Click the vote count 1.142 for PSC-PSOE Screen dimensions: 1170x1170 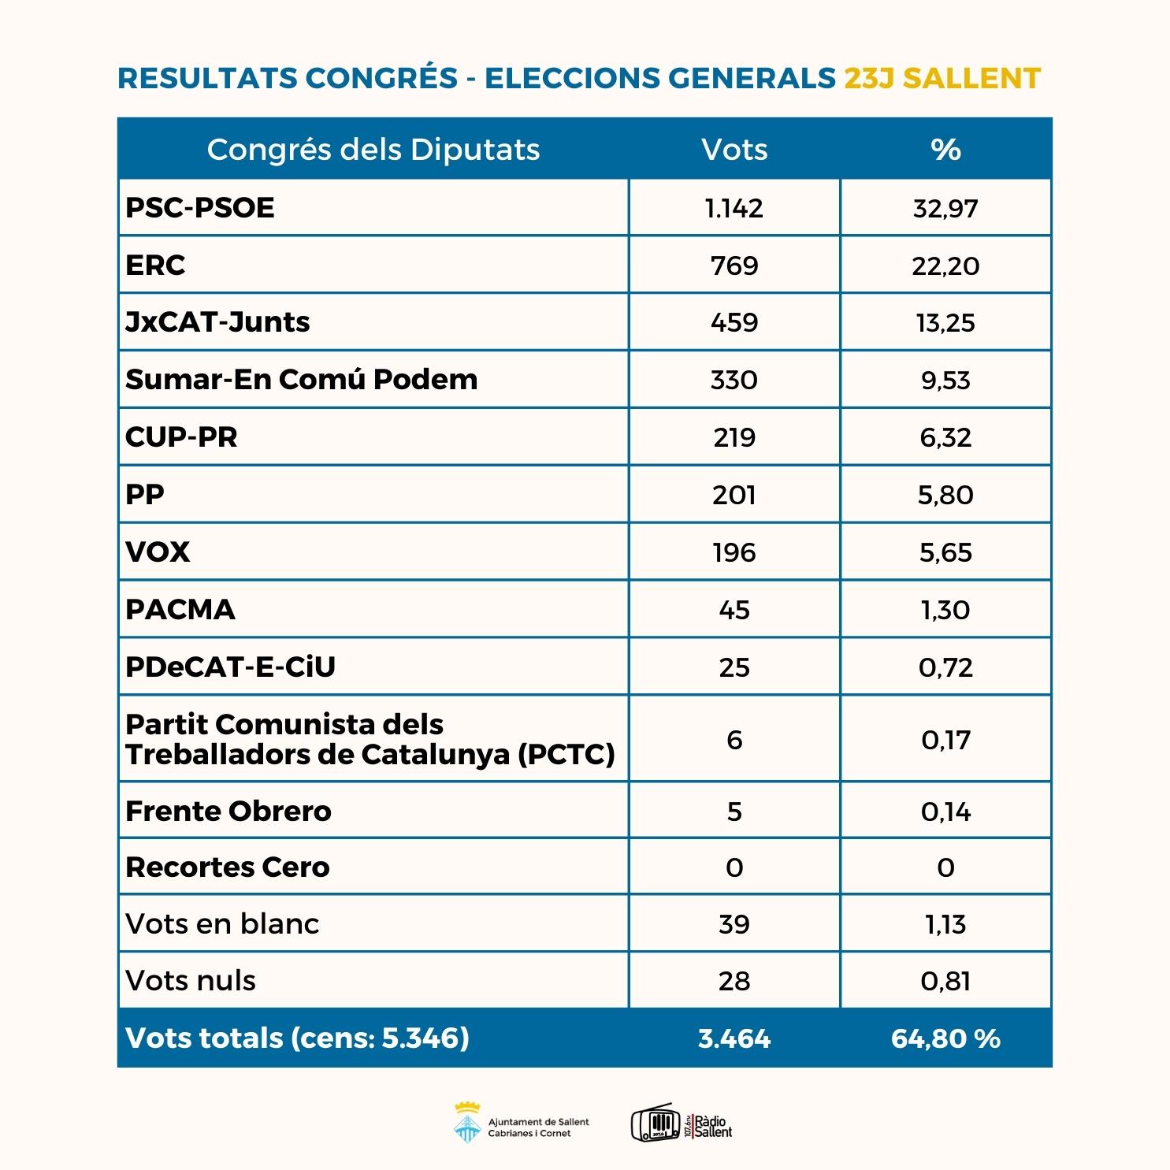click(734, 208)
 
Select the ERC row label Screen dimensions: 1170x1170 click(155, 266)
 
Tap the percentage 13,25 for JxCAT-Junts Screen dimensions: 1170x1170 click(945, 323)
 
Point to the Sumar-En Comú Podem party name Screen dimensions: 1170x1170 click(302, 380)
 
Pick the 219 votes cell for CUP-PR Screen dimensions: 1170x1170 click(734, 437)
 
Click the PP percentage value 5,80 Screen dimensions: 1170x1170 click(945, 495)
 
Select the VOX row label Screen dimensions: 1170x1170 click(158, 552)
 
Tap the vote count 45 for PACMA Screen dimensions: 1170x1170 click(734, 610)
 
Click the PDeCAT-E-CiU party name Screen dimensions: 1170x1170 click(230, 667)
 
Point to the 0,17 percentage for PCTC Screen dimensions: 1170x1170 click(945, 740)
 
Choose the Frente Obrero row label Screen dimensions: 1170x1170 click(228, 811)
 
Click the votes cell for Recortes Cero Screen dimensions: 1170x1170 click(734, 867)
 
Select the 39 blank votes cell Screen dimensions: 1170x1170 click(734, 924)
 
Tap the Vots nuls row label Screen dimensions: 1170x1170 click(191, 981)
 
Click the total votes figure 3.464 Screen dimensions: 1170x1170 click(734, 1038)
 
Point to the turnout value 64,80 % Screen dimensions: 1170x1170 click(945, 1038)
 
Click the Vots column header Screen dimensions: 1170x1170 click(734, 150)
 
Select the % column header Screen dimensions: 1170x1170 click(945, 150)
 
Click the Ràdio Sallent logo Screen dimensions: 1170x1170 click(682, 1123)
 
